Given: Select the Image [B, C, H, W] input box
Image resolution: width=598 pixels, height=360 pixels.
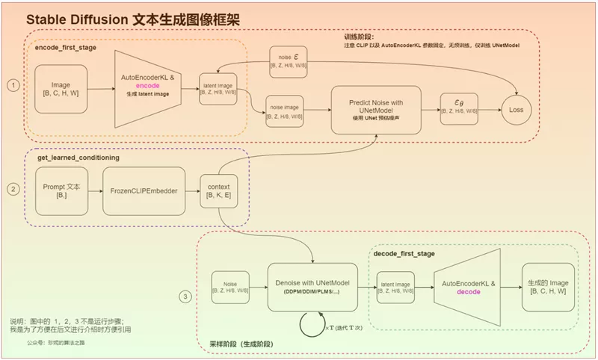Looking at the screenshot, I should [62, 90].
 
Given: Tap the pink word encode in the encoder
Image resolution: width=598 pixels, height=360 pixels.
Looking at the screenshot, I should [147, 86].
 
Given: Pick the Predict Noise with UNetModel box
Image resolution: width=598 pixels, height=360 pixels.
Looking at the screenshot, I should [376, 110].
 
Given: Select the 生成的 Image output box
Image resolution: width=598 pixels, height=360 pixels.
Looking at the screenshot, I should [549, 287].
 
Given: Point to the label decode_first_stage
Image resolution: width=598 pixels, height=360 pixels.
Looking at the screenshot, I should [404, 254].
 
